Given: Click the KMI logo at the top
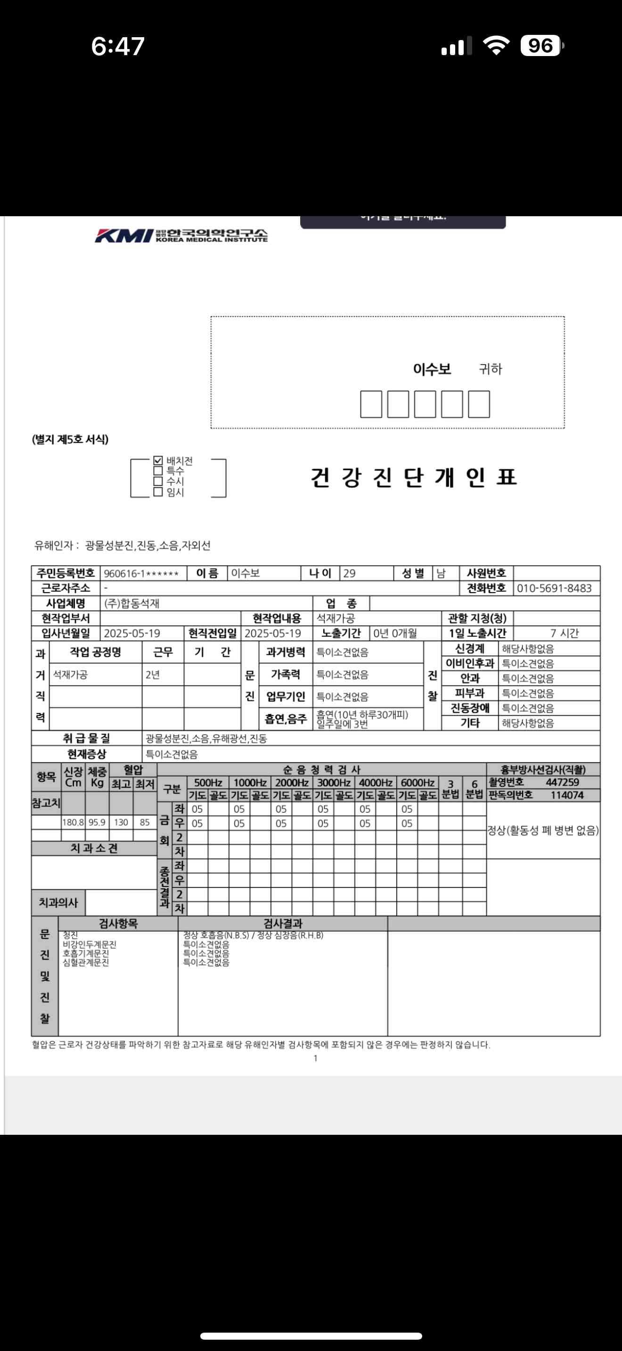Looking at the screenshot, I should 181,236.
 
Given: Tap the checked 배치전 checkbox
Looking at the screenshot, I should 158,461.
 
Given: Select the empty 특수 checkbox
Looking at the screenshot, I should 158,471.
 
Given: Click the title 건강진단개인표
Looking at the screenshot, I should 414,477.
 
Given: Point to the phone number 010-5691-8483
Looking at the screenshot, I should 554,588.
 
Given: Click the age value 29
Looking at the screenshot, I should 349,573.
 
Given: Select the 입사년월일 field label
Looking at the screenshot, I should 66,633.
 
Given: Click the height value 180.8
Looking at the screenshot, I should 73,822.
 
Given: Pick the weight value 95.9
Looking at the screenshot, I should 97,822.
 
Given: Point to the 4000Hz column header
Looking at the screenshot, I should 376,782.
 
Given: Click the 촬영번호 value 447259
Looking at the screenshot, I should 562,782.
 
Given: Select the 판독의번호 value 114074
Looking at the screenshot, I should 567,795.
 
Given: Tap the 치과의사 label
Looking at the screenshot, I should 58,903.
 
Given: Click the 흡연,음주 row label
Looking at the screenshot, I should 286,718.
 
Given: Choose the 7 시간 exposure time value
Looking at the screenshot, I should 565,633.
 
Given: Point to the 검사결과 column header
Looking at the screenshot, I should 283,924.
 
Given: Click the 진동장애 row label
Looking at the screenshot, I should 470,708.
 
